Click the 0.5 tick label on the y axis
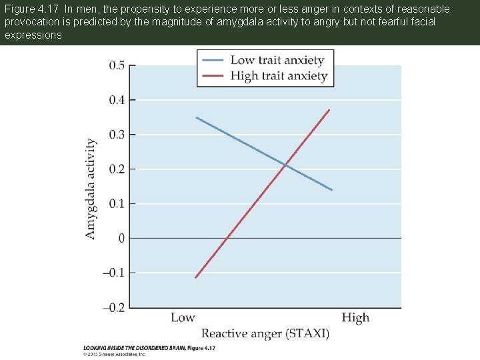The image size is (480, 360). click(116, 65)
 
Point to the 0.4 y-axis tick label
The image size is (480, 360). click(116, 100)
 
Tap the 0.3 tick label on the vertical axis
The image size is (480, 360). click(116, 135)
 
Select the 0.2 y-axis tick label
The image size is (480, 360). click(116, 169)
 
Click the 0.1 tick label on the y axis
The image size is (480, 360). click(116, 203)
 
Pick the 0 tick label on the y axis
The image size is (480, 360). click(121, 238)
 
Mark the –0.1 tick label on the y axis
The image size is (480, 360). click(113, 273)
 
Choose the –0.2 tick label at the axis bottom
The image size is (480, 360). click(113, 307)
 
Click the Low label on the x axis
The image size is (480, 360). click(183, 317)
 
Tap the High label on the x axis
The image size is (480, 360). click(355, 317)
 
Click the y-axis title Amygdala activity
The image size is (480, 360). click(91, 189)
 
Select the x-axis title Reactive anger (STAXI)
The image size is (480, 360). click(265, 333)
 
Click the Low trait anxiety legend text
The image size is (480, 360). click(277, 60)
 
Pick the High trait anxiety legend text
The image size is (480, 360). click(279, 75)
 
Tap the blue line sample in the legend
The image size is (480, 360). click(213, 60)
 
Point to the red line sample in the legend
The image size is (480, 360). click(213, 75)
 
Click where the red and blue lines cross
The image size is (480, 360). click(285, 165)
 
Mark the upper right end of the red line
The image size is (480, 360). click(329, 109)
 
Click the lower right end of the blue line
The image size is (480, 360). click(332, 190)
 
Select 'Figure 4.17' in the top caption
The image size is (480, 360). click(32, 9)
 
